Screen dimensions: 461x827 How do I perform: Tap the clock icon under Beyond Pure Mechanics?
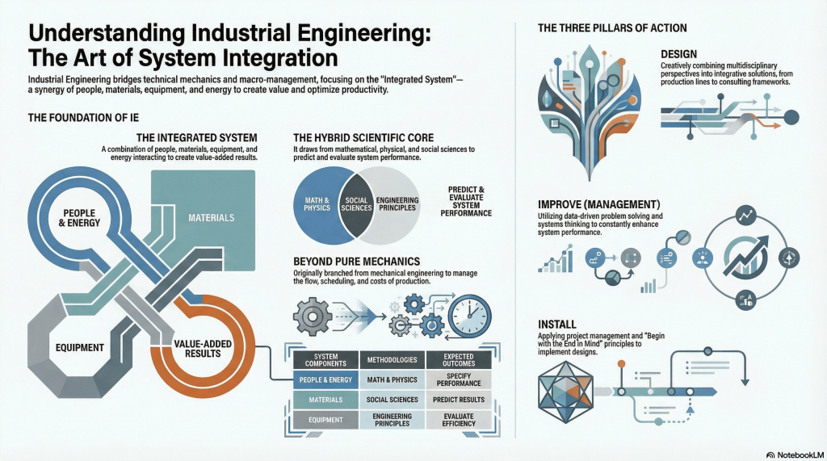tap(469, 316)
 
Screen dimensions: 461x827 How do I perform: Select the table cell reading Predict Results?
tap(458, 400)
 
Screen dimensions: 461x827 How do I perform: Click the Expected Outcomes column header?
tap(458, 359)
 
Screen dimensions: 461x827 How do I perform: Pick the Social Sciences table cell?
tap(393, 400)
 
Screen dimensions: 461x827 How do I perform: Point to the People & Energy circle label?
tap(79, 218)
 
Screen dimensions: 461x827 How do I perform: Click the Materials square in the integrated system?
tap(211, 218)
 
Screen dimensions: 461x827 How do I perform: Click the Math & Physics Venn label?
tap(317, 203)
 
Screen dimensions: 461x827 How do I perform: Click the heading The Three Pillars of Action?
tap(612, 28)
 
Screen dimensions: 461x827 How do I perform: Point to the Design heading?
tap(679, 55)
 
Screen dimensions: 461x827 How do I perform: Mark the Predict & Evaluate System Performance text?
tap(469, 203)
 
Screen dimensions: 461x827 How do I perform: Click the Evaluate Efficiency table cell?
tap(458, 420)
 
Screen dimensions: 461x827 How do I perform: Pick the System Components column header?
tap(325, 359)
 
